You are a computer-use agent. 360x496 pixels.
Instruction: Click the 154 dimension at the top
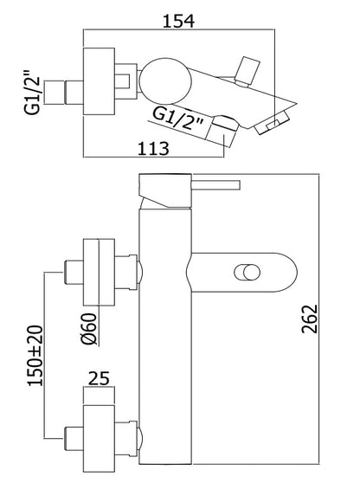click(x=178, y=21)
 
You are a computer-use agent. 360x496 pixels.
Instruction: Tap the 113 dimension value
click(x=154, y=148)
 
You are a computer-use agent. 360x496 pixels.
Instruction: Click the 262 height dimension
click(x=310, y=319)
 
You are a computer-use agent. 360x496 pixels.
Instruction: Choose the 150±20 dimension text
click(x=35, y=356)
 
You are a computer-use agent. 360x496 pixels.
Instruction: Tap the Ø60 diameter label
click(x=88, y=329)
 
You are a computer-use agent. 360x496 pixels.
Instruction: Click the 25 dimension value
click(x=99, y=378)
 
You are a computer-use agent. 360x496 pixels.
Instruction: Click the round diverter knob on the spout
click(x=247, y=273)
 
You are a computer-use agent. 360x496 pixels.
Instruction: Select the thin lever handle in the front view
click(x=215, y=185)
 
